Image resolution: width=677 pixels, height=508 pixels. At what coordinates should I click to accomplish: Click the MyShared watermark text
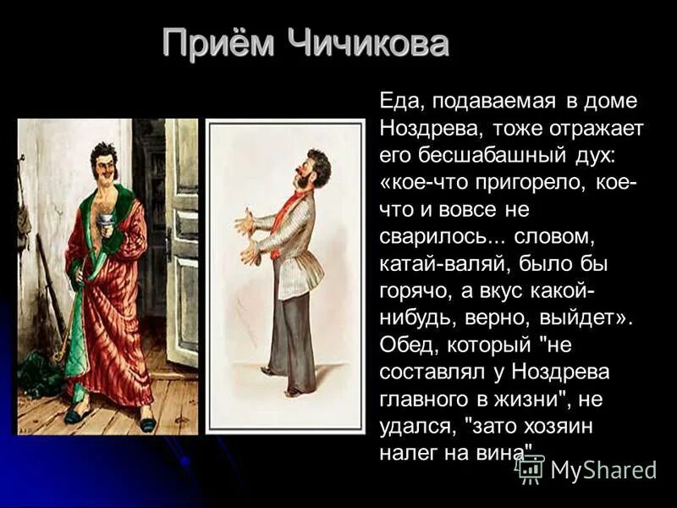(x=603, y=469)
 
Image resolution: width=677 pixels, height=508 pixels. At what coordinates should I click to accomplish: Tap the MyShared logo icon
(x=531, y=467)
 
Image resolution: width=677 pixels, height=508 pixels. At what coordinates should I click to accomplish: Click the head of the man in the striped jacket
(x=315, y=168)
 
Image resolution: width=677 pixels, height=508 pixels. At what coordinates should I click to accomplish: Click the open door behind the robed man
(x=181, y=237)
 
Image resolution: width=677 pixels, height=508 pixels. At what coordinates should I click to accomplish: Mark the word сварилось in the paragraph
(x=432, y=237)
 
